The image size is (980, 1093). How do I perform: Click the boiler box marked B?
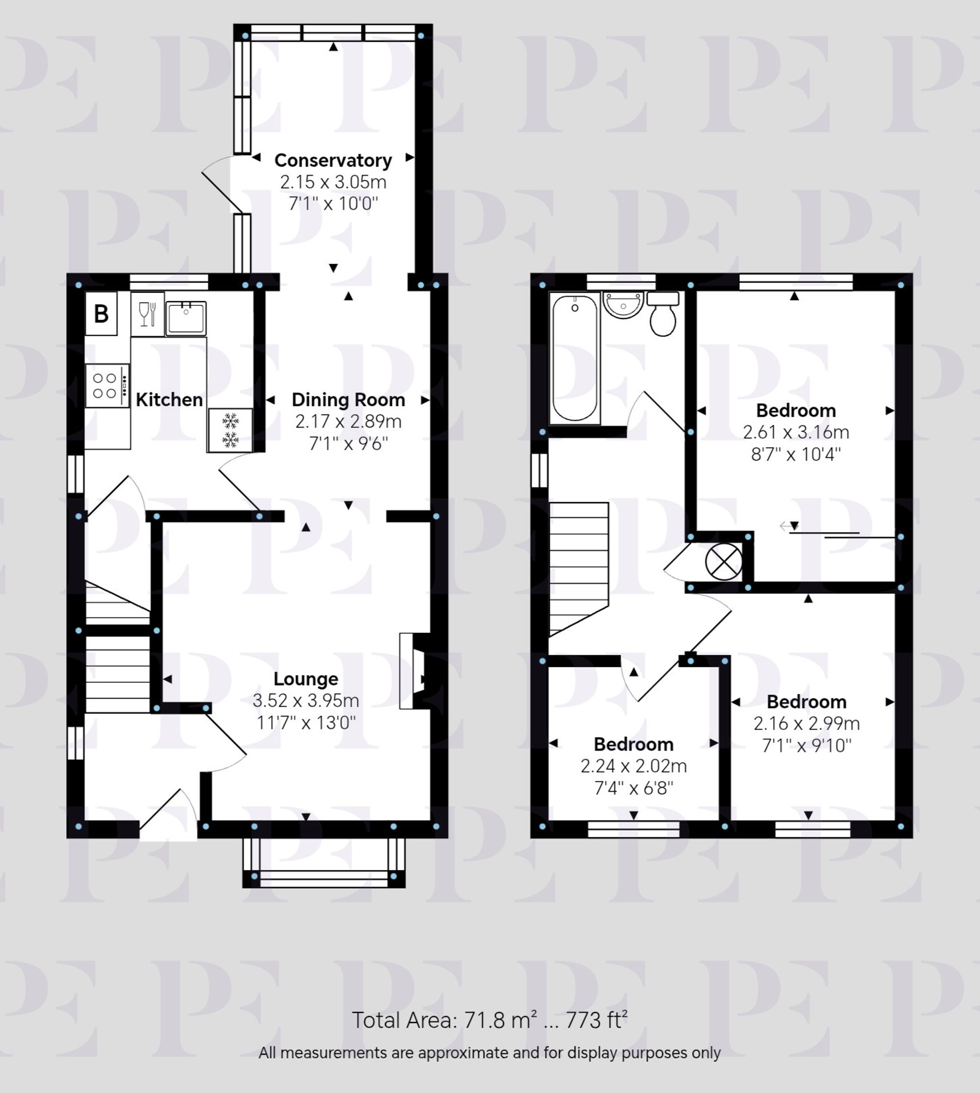[101, 314]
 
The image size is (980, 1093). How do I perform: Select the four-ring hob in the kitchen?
[107, 386]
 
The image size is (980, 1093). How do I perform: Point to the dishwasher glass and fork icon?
[147, 315]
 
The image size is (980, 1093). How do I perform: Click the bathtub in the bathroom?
[575, 359]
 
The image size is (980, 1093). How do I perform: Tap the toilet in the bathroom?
[663, 316]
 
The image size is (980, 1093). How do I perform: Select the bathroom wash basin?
[623, 305]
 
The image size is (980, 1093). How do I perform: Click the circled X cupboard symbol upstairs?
[724, 562]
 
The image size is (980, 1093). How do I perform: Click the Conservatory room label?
[333, 161]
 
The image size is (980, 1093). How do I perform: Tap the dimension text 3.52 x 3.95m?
[306, 701]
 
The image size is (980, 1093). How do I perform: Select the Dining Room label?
[348, 400]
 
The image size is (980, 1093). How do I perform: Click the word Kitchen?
[169, 400]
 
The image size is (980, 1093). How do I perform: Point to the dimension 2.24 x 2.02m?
[633, 766]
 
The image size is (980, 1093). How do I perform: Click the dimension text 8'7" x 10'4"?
[796, 455]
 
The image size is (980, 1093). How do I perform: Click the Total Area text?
[490, 1020]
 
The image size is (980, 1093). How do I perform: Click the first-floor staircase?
[578, 568]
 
